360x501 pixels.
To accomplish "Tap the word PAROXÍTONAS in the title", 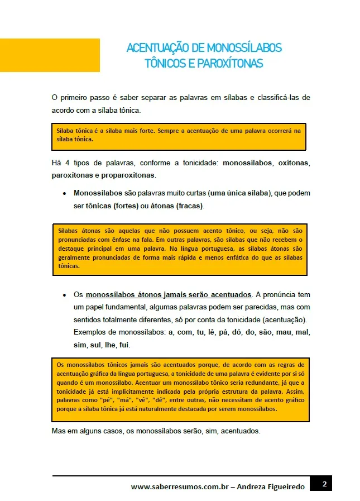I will [x=230, y=63].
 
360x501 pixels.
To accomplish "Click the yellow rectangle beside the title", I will [x=50, y=55].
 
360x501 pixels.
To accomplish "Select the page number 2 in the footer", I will [x=324, y=484].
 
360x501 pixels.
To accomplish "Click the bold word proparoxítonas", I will [x=129, y=175].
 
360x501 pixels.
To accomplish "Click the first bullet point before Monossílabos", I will [x=65, y=194].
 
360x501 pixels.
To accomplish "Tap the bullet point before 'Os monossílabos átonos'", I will [x=65, y=295].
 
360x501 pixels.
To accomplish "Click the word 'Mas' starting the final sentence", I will [x=59, y=432].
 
